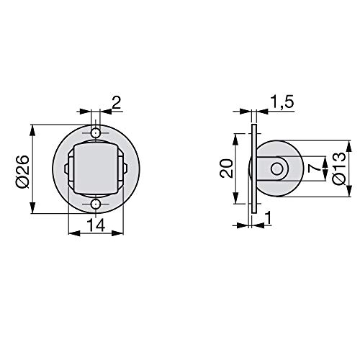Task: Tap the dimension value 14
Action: tap(96, 225)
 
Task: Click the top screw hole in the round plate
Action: tap(96, 134)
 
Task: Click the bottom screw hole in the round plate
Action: tap(96, 205)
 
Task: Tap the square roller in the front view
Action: tap(96, 169)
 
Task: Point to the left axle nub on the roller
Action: tap(66, 169)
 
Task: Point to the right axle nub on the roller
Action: tap(126, 169)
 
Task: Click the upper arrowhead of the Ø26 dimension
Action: tap(32, 130)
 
